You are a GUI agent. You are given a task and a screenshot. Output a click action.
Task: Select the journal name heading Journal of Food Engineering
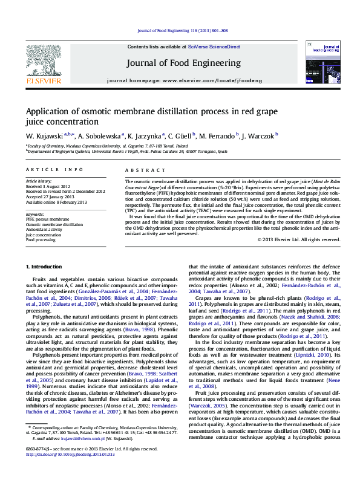[183, 63]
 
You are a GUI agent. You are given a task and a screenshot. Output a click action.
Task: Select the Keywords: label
[35, 214]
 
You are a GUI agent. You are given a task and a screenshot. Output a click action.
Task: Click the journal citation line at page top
[182, 30]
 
